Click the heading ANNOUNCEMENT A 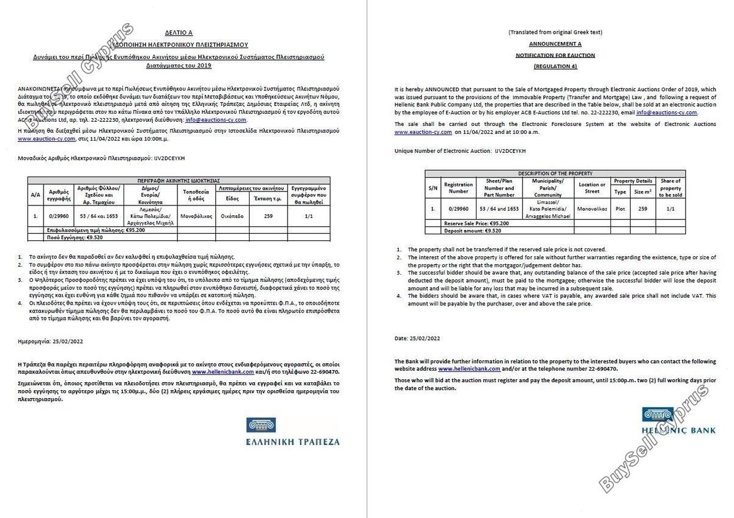click(555, 43)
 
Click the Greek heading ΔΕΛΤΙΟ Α click(179, 32)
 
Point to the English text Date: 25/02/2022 click(417, 338)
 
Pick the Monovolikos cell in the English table click(592, 209)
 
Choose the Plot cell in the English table click(620, 209)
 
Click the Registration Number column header click(458, 188)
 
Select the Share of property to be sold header click(670, 188)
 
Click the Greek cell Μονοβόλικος click(196, 216)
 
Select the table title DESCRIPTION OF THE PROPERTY click(555, 174)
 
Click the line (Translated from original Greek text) click(555, 32)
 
